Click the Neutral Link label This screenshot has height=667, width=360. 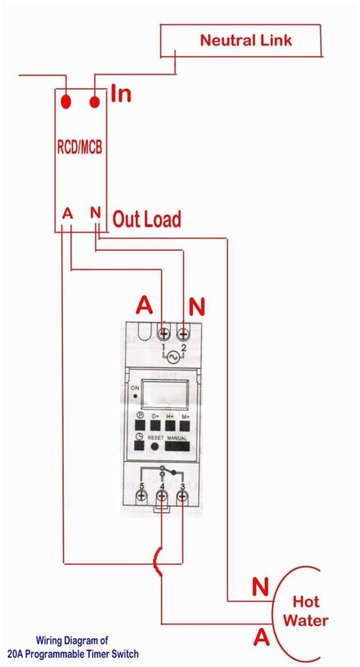tap(245, 40)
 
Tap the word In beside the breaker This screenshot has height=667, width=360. tap(122, 95)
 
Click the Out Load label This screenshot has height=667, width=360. tap(147, 220)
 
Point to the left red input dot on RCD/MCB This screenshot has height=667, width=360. tap(68, 101)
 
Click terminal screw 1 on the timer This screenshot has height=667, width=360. tap(163, 333)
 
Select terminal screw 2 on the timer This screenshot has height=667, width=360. tap(183, 333)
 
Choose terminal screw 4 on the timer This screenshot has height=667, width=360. tap(163, 496)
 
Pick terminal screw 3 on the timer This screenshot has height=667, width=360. tap(183, 496)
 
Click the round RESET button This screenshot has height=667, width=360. tap(156, 448)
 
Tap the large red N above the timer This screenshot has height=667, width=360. tap(197, 307)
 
